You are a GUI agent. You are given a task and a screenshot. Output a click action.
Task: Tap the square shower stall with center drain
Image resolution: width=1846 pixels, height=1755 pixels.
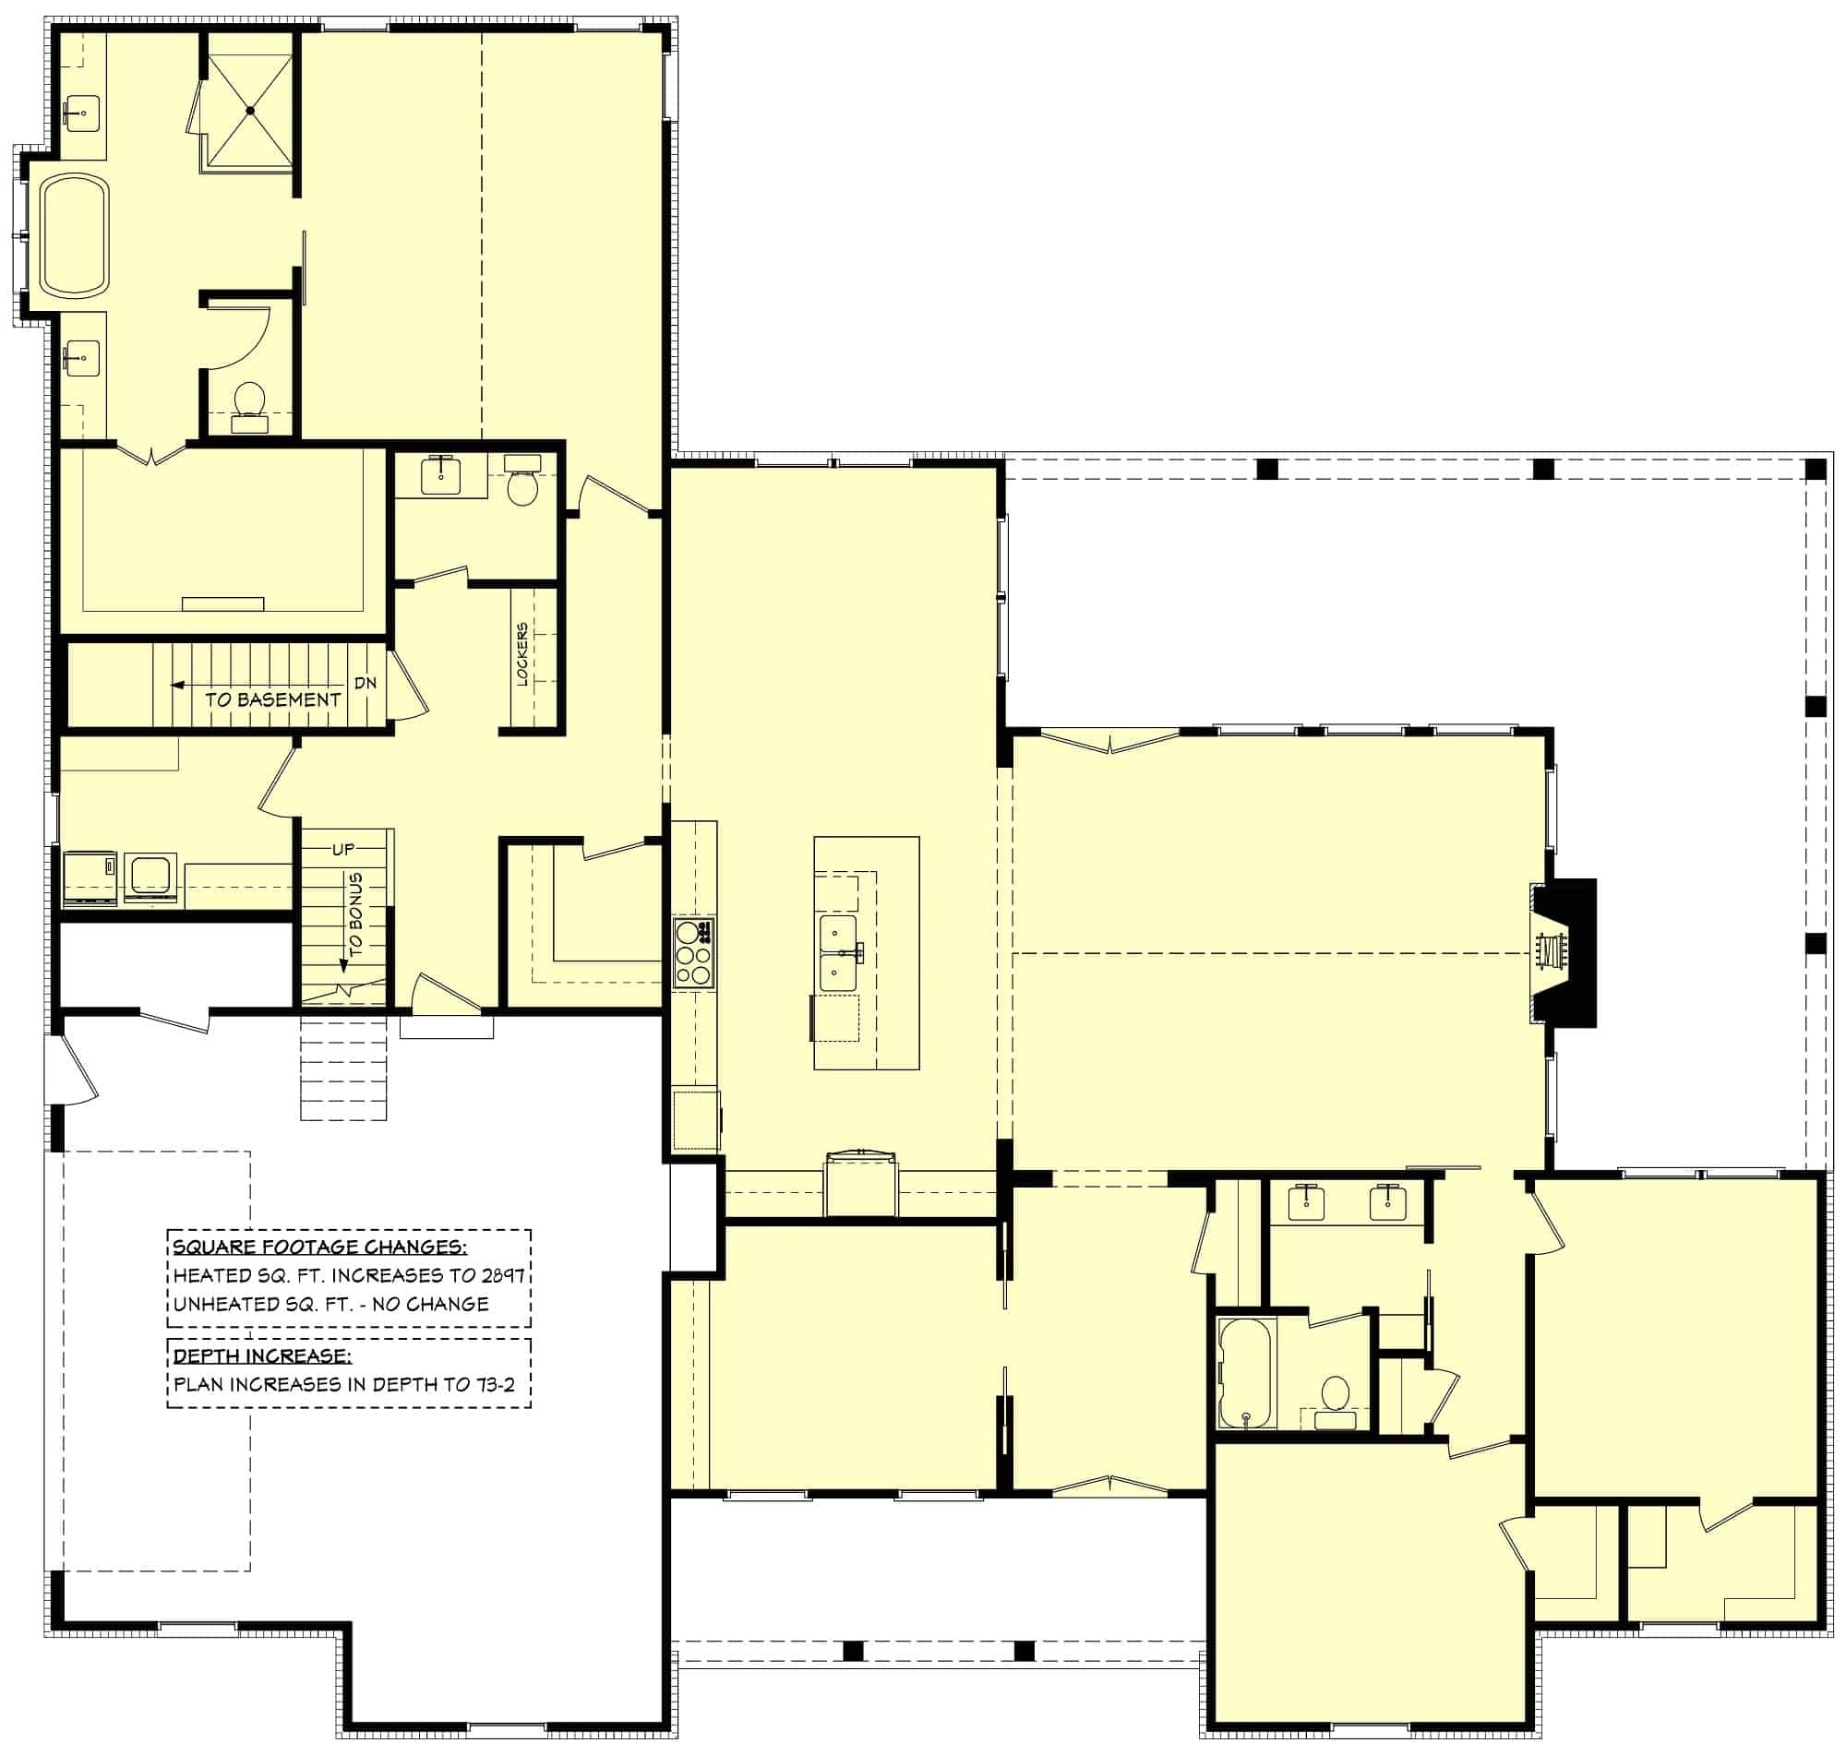click(x=250, y=111)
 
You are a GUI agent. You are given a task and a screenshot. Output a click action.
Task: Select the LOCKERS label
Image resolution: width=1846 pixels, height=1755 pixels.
click(x=522, y=653)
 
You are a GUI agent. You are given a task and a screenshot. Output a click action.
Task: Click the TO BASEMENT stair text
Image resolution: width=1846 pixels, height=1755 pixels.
click(x=272, y=699)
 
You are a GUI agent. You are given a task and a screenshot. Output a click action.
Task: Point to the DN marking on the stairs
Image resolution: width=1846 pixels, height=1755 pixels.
click(x=366, y=683)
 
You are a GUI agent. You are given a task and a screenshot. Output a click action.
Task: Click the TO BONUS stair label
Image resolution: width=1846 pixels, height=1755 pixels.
click(x=355, y=914)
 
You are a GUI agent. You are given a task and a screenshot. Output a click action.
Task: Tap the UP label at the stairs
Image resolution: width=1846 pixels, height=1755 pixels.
click(x=343, y=850)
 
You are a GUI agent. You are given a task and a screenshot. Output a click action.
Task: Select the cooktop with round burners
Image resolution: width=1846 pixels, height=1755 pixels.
click(x=694, y=953)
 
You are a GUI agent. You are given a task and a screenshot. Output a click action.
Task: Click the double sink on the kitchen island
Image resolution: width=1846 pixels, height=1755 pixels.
click(x=838, y=953)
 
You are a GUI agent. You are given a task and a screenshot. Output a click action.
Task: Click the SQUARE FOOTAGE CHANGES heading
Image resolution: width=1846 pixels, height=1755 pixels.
click(x=319, y=1247)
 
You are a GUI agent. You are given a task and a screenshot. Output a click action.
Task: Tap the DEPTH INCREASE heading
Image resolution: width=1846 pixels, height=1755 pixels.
click(x=262, y=1356)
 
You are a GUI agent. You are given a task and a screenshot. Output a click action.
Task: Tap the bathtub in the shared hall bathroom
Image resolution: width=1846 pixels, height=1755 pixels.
click(x=1245, y=1372)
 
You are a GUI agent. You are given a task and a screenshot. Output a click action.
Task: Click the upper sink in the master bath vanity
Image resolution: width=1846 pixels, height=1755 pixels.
click(x=82, y=113)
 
